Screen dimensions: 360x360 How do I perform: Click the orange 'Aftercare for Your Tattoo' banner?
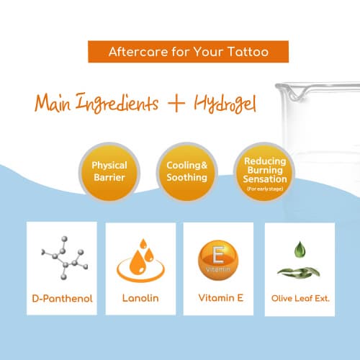coord(188,52)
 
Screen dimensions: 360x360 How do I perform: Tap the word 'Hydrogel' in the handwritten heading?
coord(225,104)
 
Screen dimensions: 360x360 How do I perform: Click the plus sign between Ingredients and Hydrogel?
coord(176,103)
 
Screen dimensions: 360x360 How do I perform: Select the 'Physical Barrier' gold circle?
coord(109,172)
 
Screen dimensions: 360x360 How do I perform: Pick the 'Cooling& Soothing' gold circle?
coord(187,172)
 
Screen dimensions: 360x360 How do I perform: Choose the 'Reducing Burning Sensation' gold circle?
coord(264,172)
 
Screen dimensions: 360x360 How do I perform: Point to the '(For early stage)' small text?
coord(265,189)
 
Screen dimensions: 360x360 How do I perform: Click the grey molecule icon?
coord(65,258)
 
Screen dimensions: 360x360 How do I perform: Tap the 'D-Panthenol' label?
coord(62,299)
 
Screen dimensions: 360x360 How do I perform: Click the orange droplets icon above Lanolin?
coord(140,261)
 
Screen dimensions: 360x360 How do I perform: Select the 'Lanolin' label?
coord(140,298)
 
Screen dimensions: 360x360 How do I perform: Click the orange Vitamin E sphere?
coord(218,261)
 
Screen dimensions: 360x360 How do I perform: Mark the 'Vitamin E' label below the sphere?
coord(221,298)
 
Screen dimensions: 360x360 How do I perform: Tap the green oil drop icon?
coord(300,250)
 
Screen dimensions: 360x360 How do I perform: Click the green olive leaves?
coord(299,272)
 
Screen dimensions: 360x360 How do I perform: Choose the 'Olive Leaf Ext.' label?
coord(300,298)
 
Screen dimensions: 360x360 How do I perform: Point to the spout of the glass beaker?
coord(297,92)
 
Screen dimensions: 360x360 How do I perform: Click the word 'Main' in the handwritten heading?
coord(53,103)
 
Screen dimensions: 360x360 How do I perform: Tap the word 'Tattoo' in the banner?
coord(248,52)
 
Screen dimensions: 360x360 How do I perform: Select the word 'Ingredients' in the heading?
coord(117,103)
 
